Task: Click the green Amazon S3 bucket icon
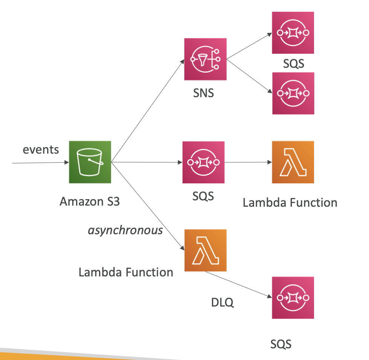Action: click(x=90, y=162)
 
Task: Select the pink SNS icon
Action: click(x=205, y=59)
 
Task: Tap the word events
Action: click(x=41, y=149)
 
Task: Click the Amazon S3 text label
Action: click(x=90, y=201)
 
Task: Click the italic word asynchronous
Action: click(x=125, y=230)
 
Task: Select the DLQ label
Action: click(x=222, y=302)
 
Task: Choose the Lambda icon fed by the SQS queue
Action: click(x=293, y=162)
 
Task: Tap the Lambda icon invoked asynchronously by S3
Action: click(x=206, y=250)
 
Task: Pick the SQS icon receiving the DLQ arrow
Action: click(x=293, y=298)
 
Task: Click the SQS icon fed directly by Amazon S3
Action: click(x=203, y=162)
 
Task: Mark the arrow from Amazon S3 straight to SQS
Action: click(x=147, y=162)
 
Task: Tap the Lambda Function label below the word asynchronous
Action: click(x=126, y=272)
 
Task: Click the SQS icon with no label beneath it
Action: click(x=293, y=93)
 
